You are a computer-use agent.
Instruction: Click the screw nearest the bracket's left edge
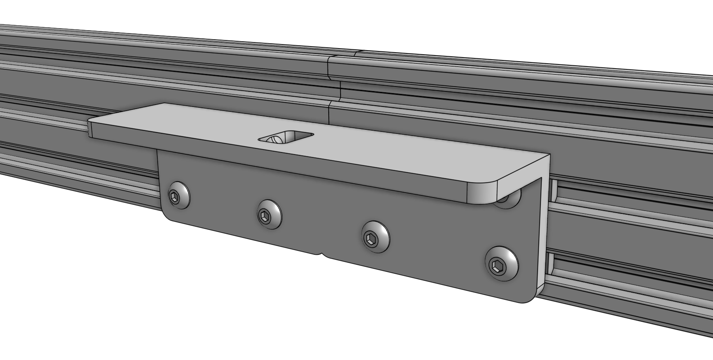tap(178, 196)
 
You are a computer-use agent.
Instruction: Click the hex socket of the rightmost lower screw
tap(498, 266)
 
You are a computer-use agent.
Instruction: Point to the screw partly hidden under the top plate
tap(508, 200)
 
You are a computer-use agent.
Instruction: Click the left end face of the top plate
tap(90, 128)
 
